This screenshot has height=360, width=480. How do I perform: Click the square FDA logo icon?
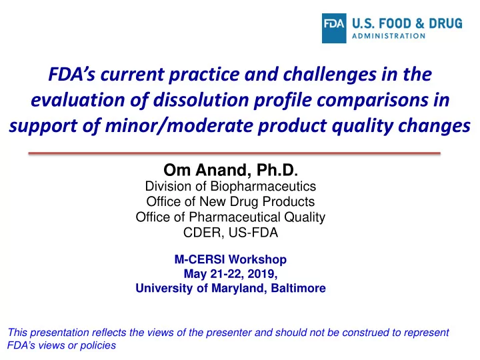pos(334,28)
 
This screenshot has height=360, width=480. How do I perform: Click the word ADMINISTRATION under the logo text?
pos(389,36)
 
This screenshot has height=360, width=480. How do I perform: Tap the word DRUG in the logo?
pos(445,23)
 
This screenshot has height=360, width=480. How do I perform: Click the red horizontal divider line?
pos(235,153)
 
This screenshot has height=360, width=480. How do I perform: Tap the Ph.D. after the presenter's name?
pos(277,170)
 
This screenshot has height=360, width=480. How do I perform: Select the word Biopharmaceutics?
pos(263,187)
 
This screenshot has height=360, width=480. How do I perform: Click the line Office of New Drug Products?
pos(231,202)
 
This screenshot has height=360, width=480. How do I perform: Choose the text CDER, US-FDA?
pos(231,233)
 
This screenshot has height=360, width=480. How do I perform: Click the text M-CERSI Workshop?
pos(231,259)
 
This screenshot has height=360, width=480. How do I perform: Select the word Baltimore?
pos(299,288)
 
